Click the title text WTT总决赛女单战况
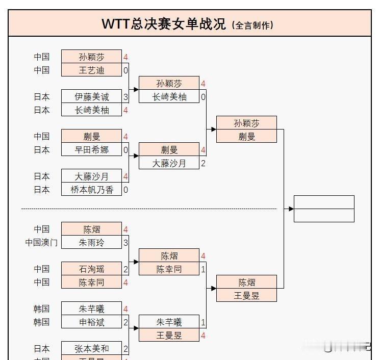pos(164,24)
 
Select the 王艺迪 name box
pos(91,70)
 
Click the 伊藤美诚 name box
pos(91,97)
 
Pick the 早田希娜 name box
pos(91,150)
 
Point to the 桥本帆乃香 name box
pos(91,190)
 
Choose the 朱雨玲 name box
pos(91,243)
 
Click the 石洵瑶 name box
pos(91,269)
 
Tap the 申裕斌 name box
pos(91,322)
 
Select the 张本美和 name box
pos(91,349)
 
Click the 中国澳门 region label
pos(41,243)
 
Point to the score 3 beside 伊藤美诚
pos(125,97)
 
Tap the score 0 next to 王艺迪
pos(125,70)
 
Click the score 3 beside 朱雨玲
pos(125,243)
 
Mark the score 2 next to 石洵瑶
pos(125,269)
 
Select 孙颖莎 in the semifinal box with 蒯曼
pos(246,123)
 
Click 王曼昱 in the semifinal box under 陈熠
pos(246,295)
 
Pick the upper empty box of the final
pos(324,202)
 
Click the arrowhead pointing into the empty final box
pos(291,209)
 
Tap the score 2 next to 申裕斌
pos(125,322)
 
